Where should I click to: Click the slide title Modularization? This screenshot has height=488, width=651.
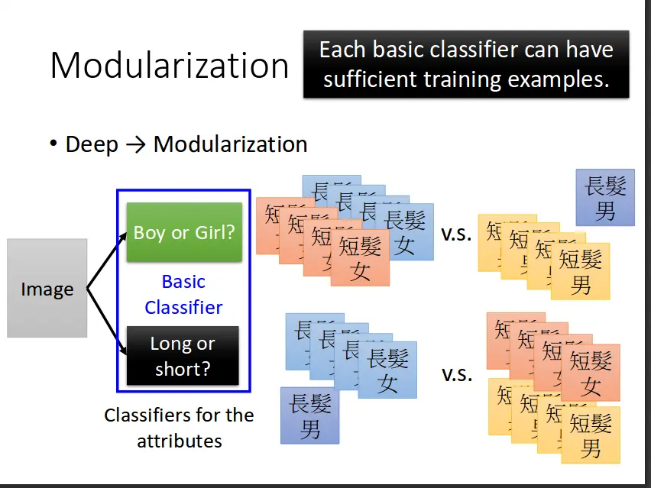tap(169, 66)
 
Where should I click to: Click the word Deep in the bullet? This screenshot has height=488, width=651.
tap(92, 144)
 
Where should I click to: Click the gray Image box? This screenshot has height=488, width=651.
tap(47, 289)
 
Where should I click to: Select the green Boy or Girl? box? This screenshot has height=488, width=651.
tap(184, 232)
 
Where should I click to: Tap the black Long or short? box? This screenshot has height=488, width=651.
tap(183, 356)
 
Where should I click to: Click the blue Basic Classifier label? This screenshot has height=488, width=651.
tap(183, 294)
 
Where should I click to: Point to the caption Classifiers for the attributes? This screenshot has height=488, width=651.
tap(179, 428)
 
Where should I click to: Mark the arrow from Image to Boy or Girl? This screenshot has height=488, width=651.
tap(105, 260)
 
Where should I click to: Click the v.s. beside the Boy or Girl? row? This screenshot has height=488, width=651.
tap(456, 234)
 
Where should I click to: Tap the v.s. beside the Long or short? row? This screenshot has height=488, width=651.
tap(456, 374)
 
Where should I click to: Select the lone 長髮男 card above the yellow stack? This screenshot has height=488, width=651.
tap(605, 197)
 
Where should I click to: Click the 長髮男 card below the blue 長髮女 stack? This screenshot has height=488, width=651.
tap(309, 415)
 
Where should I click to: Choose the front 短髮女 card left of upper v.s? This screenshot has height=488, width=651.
tap(360, 258)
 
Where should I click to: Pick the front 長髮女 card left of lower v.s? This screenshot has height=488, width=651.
tap(387, 370)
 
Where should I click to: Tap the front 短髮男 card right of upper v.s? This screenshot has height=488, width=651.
tap(581, 271)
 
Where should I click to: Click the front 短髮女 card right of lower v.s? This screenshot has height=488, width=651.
tap(591, 373)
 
